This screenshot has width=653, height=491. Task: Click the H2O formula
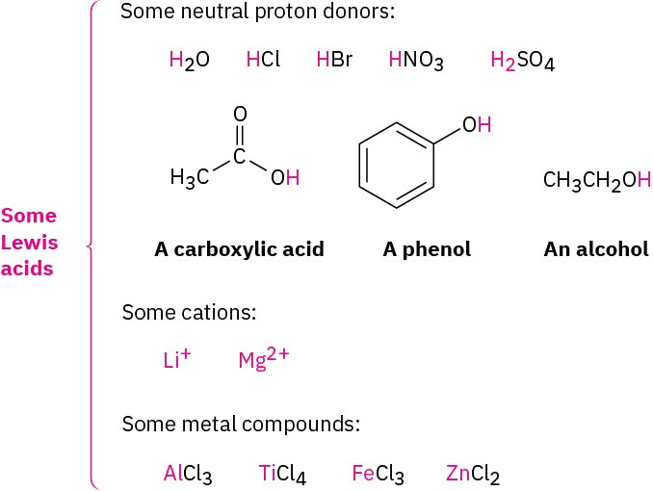click(x=189, y=61)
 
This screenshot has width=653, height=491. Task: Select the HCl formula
click(x=263, y=61)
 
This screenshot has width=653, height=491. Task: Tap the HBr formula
click(x=334, y=61)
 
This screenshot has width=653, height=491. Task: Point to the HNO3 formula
click(x=415, y=62)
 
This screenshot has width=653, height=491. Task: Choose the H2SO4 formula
click(x=522, y=62)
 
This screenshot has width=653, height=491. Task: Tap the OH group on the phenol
click(x=477, y=125)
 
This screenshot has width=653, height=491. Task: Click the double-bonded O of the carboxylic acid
click(x=240, y=114)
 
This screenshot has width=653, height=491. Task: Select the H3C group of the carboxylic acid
click(x=189, y=178)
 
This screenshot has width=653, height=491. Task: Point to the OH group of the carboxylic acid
click(x=285, y=178)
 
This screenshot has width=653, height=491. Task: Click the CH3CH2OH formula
click(x=597, y=180)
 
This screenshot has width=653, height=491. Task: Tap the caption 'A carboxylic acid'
click(x=239, y=249)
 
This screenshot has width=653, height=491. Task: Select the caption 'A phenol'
click(x=427, y=249)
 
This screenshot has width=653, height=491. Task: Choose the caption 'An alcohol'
click(x=596, y=249)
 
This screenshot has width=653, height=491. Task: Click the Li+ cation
click(x=177, y=359)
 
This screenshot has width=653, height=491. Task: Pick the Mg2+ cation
click(x=263, y=359)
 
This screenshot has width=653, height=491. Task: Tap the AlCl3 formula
click(x=187, y=474)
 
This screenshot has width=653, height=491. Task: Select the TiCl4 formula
click(x=282, y=474)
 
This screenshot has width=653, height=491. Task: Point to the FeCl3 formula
click(x=378, y=474)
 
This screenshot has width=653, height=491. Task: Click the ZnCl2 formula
click(x=473, y=474)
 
